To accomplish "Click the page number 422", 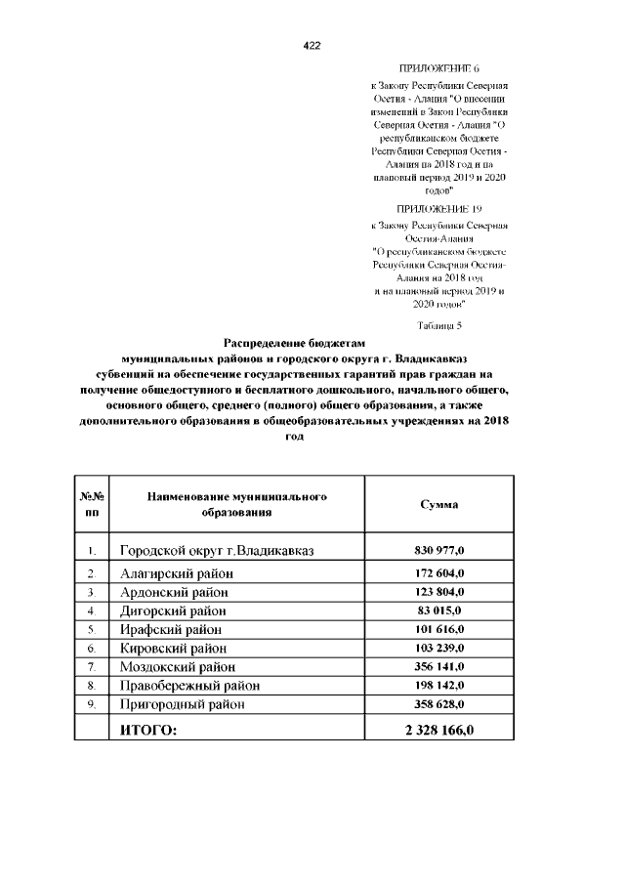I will (x=312, y=46).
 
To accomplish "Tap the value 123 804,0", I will (x=439, y=592).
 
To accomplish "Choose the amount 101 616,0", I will (x=439, y=629).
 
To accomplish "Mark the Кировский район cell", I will (x=173, y=648).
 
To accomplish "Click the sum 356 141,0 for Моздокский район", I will (x=439, y=666).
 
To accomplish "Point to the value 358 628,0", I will (x=439, y=703).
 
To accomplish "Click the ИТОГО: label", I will (x=148, y=731).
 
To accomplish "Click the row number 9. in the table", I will (x=91, y=703).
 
